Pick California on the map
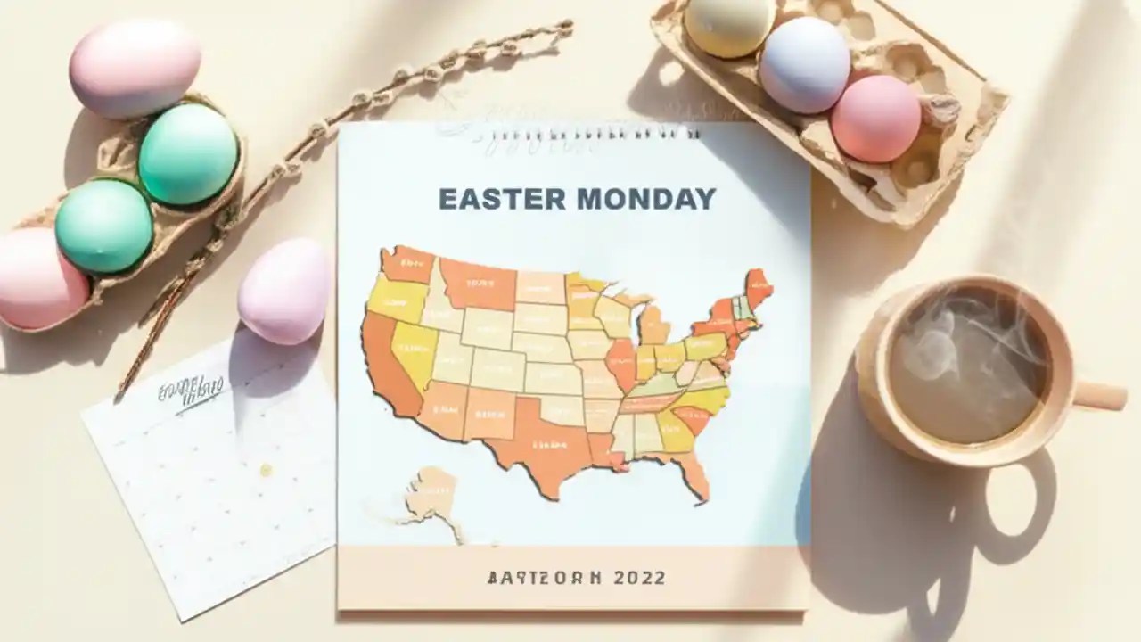coord(383,366)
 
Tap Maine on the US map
coord(759,285)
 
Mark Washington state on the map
coord(407,264)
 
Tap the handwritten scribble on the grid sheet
coord(189,392)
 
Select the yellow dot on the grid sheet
coord(265,469)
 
